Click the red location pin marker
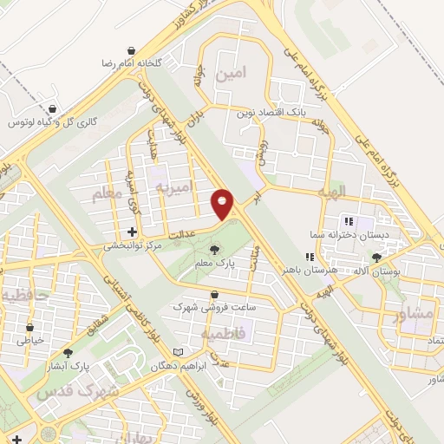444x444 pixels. (x=224, y=204)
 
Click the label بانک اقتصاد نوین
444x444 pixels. (x=268, y=113)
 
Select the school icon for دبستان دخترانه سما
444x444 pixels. (x=349, y=220)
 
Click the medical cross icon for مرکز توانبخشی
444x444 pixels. (x=132, y=232)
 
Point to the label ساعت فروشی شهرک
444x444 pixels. (x=206, y=305)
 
